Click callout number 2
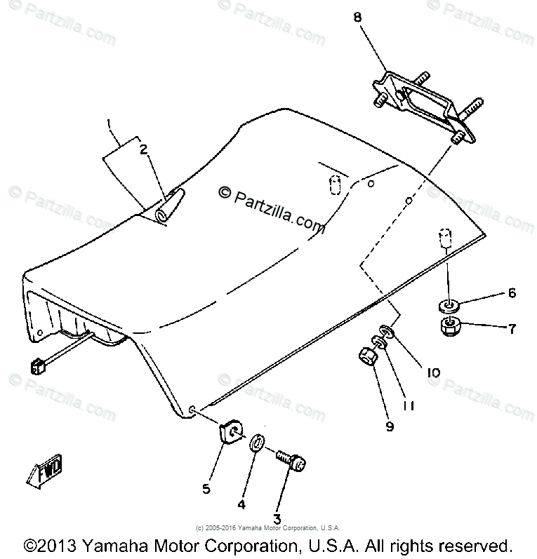143,149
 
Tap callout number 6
512,292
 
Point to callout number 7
512,328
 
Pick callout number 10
433,373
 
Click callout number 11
409,405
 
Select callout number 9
390,426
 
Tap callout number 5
206,489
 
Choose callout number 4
241,503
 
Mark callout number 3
277,519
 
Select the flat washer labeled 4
258,444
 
